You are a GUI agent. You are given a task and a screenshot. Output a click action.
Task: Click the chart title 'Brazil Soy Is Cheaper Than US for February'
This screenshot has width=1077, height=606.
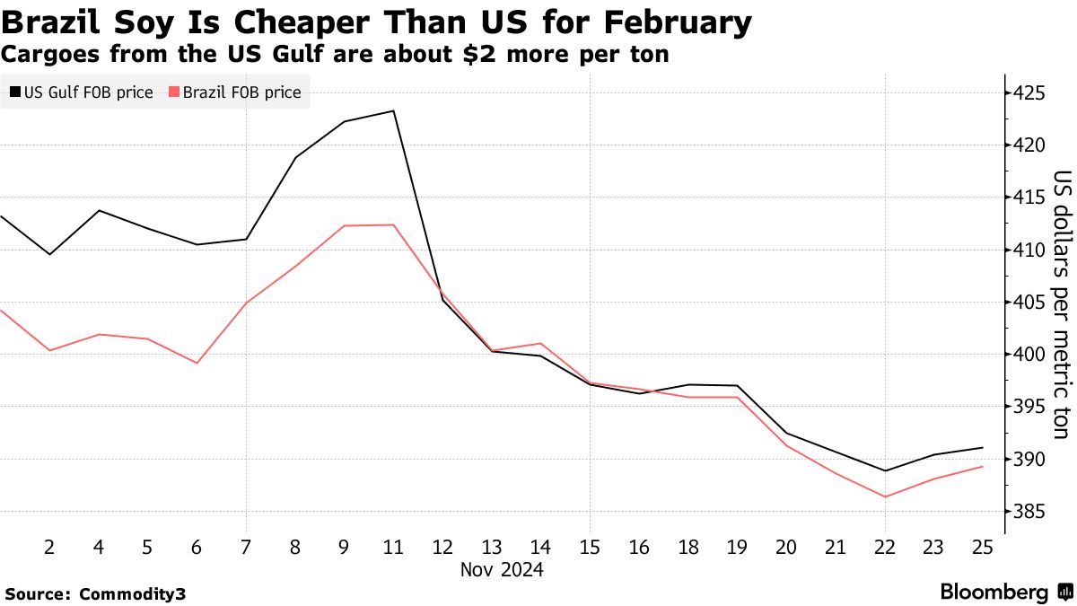point(376,22)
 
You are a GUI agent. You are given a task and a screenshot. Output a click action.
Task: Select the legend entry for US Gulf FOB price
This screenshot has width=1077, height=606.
point(81,92)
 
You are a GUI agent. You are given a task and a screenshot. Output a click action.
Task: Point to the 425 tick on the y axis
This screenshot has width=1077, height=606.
point(1029,92)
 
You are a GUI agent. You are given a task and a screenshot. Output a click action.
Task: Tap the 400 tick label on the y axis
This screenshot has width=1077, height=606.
point(1029,355)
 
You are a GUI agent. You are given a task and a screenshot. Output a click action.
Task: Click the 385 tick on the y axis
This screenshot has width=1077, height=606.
point(1029,512)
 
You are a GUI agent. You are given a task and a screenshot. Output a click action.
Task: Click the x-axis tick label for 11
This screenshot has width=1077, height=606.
point(393,548)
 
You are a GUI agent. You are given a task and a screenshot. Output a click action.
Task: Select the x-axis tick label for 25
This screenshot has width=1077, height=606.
point(983,548)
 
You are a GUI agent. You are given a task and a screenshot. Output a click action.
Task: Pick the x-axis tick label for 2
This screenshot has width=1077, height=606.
point(49,548)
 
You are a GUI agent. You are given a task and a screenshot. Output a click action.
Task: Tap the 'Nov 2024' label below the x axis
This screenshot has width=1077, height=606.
point(503,570)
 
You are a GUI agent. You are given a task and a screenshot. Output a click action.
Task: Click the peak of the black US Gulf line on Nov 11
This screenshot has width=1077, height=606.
point(393,111)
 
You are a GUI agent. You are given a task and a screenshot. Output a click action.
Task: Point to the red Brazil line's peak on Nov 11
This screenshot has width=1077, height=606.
point(393,224)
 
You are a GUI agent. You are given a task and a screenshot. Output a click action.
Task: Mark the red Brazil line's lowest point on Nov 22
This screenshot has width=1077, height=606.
point(885,496)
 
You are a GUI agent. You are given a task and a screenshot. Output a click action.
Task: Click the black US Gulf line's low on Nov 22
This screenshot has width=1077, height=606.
point(885,470)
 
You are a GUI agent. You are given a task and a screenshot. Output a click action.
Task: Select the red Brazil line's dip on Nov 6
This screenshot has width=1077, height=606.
point(197,363)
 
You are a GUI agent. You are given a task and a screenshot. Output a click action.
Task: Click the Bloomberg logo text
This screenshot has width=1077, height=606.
point(994,593)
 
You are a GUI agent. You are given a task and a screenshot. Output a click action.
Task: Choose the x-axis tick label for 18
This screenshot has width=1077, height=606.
point(688,548)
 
